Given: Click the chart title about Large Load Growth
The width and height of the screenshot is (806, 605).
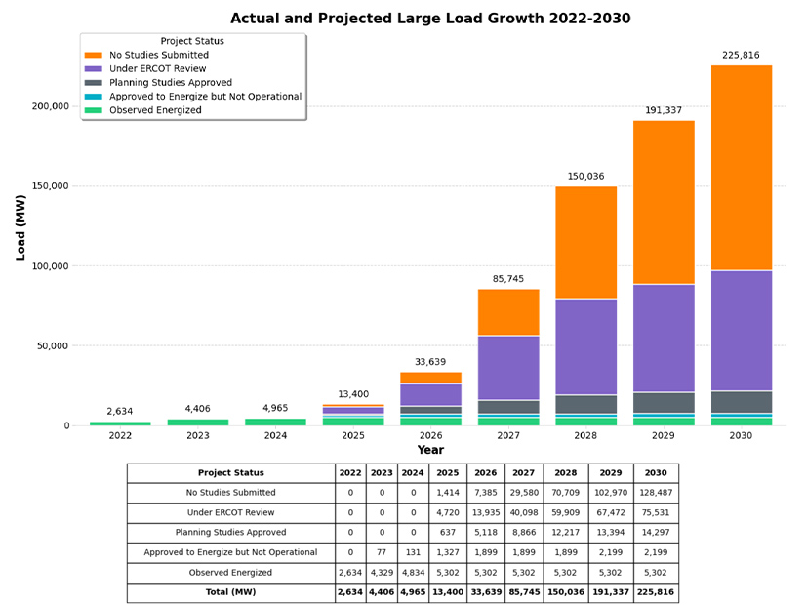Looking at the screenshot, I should click(430, 19).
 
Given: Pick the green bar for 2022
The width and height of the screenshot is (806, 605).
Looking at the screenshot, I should click(120, 423).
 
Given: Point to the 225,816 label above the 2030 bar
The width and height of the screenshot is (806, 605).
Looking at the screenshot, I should click(741, 56).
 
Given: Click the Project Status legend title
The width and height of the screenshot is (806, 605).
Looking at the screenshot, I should click(192, 41).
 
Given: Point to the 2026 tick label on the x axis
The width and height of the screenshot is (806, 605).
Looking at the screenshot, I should click(430, 436).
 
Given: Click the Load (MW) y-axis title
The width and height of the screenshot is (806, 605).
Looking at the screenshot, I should click(20, 227).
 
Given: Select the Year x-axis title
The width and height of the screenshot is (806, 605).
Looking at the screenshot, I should click(430, 451).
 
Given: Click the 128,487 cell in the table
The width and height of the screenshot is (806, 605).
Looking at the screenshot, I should click(656, 493).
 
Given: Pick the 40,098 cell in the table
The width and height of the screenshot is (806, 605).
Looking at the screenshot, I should click(524, 512).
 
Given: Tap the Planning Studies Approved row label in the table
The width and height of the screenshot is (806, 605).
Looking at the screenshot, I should click(230, 533).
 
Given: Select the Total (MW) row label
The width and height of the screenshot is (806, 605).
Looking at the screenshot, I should click(230, 592).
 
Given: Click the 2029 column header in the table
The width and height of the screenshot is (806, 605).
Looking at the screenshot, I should click(611, 473).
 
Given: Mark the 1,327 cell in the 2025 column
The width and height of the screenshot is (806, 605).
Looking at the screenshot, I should click(447, 552).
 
